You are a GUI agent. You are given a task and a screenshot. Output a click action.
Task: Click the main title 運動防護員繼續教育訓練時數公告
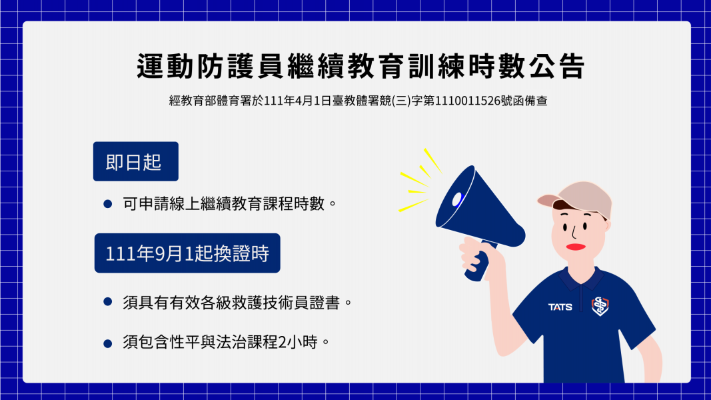pyautogui.click(x=360, y=66)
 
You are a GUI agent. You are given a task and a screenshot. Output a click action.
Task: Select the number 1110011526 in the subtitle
pyautogui.click(x=467, y=101)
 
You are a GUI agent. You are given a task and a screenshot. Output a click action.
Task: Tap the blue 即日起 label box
pyautogui.click(x=135, y=161)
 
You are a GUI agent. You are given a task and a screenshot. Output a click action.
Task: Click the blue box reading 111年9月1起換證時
pyautogui.click(x=187, y=253)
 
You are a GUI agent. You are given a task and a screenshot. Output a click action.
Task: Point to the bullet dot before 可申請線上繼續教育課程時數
pyautogui.click(x=107, y=204)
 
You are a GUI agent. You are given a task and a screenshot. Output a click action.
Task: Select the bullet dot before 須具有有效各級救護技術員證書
pyautogui.click(x=107, y=301)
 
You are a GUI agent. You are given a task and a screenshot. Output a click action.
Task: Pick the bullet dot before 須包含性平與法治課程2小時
pyautogui.click(x=107, y=343)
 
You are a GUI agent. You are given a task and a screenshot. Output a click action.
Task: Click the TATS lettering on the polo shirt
pyautogui.click(x=560, y=307)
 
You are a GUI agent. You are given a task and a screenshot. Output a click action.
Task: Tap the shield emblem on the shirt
pyautogui.click(x=600, y=306)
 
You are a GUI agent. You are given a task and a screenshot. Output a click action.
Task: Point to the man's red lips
pyautogui.click(x=576, y=247)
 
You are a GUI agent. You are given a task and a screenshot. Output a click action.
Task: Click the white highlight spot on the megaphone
pyautogui.click(x=456, y=199)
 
